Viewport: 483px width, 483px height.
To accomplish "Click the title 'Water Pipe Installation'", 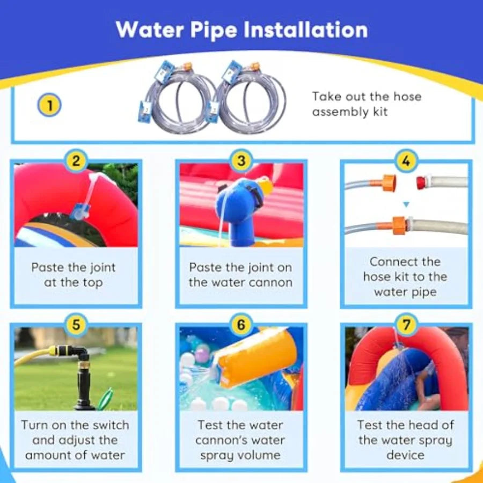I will tap(241, 30).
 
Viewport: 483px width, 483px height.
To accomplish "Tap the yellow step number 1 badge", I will tap(49, 105).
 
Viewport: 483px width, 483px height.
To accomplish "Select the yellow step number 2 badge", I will tap(76, 160).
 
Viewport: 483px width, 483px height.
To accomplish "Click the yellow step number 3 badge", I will tap(241, 160).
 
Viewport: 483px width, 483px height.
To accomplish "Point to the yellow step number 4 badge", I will tap(406, 160).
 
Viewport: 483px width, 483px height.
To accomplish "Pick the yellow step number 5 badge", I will tap(76, 324).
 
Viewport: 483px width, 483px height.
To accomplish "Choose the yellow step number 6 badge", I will tap(241, 324).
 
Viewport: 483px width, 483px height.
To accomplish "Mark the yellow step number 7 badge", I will tap(406, 324).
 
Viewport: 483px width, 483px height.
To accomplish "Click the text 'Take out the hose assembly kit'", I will tap(367, 104).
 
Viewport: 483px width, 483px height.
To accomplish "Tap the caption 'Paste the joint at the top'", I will tap(73, 275).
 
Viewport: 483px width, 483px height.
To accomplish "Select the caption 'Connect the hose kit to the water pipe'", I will tap(405, 277).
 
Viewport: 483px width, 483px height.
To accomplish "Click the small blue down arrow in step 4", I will tap(406, 204).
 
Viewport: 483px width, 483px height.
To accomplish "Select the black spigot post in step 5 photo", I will tap(85, 384).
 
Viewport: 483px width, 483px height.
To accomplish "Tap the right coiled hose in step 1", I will tap(250, 99).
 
